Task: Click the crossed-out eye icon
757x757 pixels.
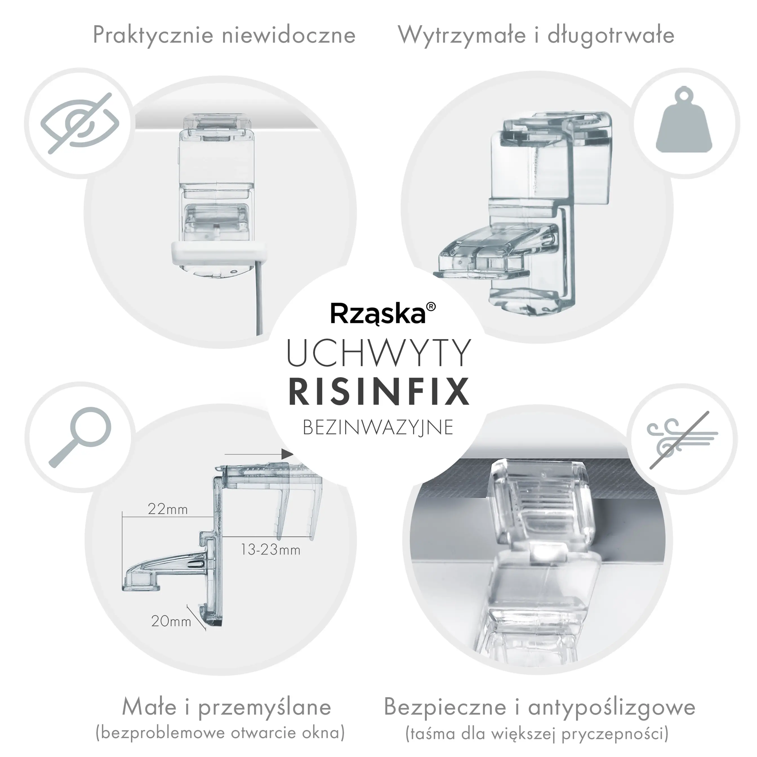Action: click(x=80, y=123)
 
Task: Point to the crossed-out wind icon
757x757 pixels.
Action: click(x=682, y=440)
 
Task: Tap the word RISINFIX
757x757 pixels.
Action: click(x=379, y=391)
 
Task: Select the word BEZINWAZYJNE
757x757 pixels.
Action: click(x=378, y=427)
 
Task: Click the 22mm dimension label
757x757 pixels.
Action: click(x=168, y=509)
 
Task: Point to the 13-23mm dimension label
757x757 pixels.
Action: click(x=270, y=550)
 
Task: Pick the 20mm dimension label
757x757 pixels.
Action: click(x=171, y=621)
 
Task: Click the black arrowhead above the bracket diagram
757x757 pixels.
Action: click(x=288, y=454)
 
